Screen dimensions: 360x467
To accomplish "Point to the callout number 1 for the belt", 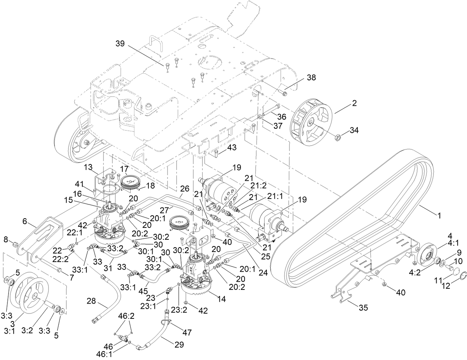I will click(439, 215).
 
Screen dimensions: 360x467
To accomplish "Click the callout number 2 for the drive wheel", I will click(354, 104).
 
